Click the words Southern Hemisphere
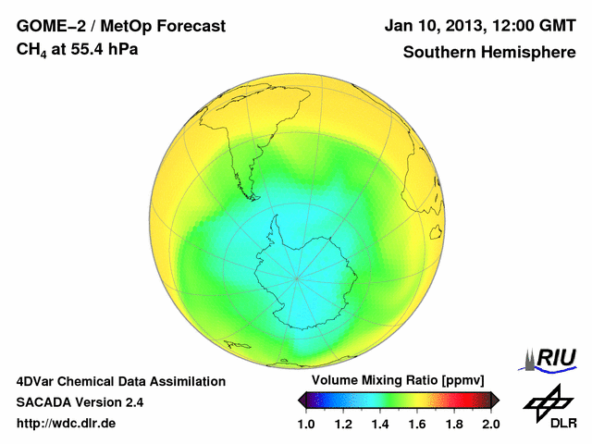point(489,52)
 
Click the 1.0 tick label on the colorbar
point(306,424)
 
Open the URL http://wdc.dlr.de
point(67,424)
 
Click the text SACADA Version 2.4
point(80,402)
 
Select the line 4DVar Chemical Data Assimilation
point(120,381)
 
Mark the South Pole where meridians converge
point(296,277)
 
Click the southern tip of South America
point(251,196)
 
